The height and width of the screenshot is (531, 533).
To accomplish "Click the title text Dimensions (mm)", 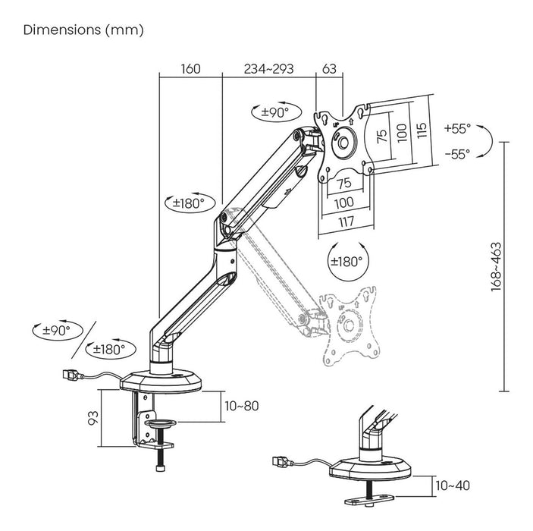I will (83, 30).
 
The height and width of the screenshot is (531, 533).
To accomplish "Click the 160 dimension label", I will (190, 69).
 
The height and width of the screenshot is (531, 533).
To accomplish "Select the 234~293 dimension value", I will (268, 69).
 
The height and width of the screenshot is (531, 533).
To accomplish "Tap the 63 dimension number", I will (329, 69).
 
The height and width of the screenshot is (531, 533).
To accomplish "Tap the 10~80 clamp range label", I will (242, 406).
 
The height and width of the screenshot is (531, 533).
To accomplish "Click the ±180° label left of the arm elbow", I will (186, 203).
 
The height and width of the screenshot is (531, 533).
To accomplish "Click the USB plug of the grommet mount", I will (278, 462).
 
